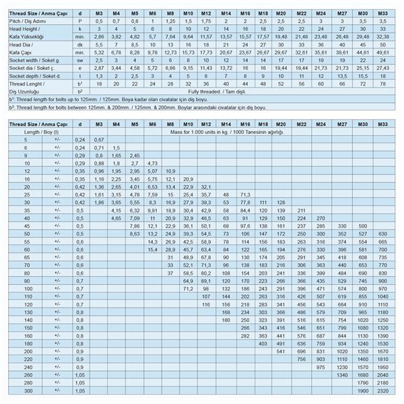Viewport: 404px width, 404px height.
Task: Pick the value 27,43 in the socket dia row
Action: point(383,68)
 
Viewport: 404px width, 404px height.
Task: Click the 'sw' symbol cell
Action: point(80,60)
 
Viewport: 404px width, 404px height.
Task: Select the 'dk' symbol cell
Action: point(80,44)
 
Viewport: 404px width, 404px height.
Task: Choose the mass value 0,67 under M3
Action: point(98,139)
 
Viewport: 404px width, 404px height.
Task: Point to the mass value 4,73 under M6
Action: point(152,163)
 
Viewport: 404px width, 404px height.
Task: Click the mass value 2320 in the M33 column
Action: point(383,391)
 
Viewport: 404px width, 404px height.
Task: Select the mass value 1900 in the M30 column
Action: point(363,391)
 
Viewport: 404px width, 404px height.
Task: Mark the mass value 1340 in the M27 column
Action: point(342,375)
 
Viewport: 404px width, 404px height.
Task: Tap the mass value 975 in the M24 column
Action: point(321,367)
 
